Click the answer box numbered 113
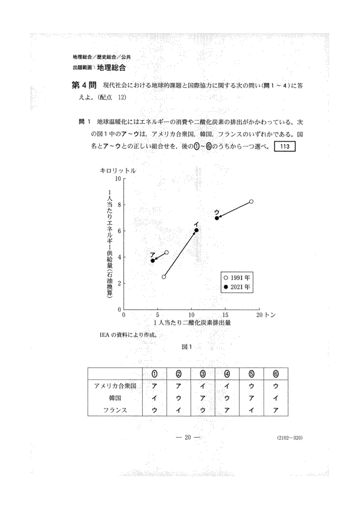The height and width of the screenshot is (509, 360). coord(285,146)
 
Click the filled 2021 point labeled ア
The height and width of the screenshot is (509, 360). coord(153,261)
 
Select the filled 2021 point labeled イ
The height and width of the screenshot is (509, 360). coord(196,230)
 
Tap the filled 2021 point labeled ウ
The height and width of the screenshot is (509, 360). coord(217,218)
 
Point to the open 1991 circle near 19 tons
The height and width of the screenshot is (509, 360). coord(251,202)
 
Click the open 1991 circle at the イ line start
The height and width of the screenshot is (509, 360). coord(164,277)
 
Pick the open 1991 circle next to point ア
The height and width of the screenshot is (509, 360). coord(167,253)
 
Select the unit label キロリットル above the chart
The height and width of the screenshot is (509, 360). coord(118,170)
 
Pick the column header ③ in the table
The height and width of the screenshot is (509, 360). coord(203,374)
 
